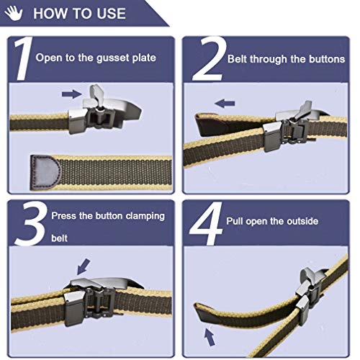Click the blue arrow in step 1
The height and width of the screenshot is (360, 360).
click(x=71, y=93)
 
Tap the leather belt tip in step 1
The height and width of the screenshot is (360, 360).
click(x=45, y=170)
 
